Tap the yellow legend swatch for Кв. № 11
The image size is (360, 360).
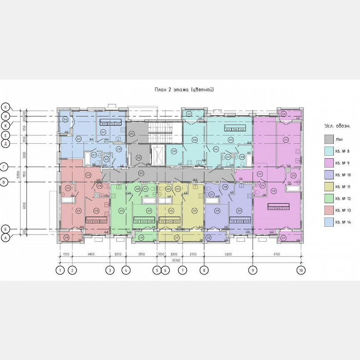click(329, 187)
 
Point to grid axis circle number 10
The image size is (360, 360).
click(301, 270)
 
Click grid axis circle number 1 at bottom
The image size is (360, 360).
click(60, 270)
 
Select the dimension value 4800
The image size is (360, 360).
click(91, 254)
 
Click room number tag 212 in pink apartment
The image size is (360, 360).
click(274, 191)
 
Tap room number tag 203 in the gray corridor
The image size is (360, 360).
click(141, 173)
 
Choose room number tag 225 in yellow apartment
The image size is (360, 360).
click(194, 211)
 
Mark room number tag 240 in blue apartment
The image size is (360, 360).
click(79, 139)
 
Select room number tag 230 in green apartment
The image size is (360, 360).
click(121, 211)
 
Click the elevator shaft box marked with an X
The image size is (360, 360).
click(157, 155)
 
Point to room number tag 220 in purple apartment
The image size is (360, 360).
click(239, 211)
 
